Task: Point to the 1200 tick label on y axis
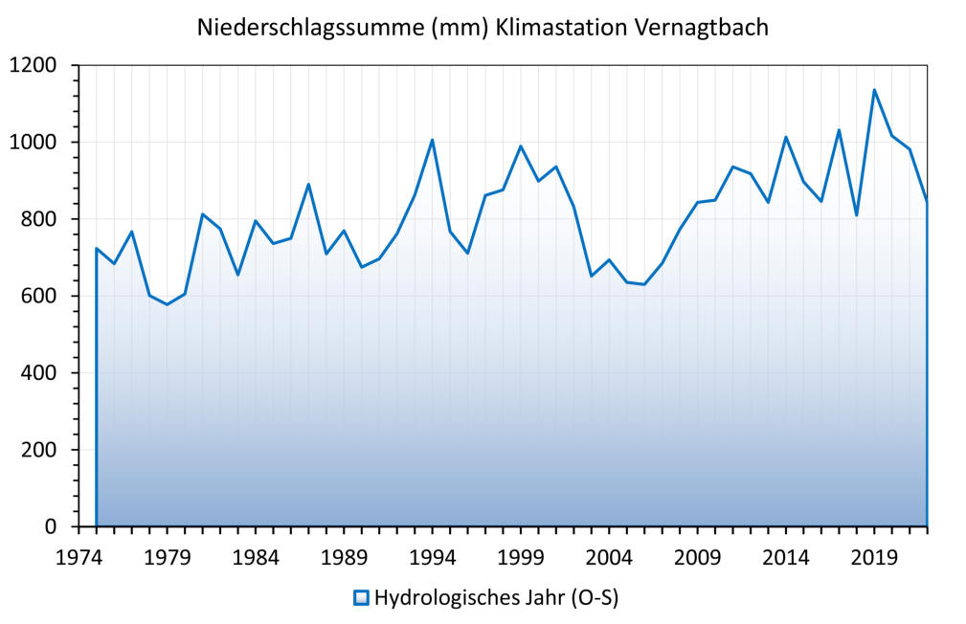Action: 34,66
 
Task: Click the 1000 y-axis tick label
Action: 34,143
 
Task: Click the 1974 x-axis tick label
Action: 79,557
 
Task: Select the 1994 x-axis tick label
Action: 432,557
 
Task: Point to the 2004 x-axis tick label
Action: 609,557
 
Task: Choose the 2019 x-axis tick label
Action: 874,557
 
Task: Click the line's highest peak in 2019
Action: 874,90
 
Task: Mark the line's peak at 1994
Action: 432,140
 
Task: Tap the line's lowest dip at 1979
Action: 167,304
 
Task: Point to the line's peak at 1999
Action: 520,146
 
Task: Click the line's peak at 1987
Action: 308,184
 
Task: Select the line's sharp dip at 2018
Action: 857,214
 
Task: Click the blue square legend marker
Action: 361,598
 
